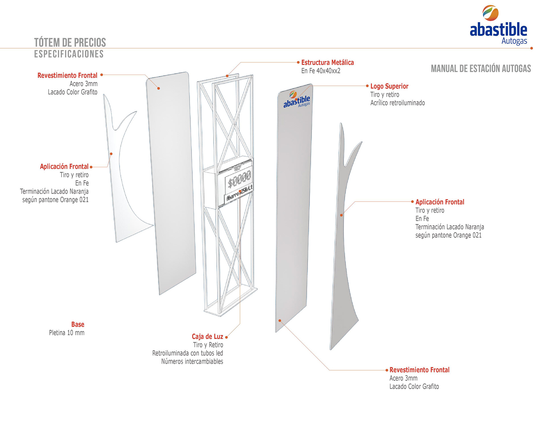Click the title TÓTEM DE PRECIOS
pos(70,42)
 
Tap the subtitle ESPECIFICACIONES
pos(69,54)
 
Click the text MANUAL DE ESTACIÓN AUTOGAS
pos(481,69)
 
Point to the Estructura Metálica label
pos(327,62)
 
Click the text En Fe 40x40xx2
pos(321,71)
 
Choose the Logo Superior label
pos(389,86)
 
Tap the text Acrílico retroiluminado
pos(397,103)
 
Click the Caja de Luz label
pos(207,337)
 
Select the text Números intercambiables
pos(192,361)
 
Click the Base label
pos(78,324)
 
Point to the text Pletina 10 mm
pos(67,333)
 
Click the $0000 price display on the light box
pos(240,179)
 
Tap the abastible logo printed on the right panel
pos(297,100)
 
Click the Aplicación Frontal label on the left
pos(64,166)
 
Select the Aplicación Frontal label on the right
pos(440,202)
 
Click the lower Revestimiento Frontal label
pos(419,370)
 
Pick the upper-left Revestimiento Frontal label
pos(67,76)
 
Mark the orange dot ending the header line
pos(532,48)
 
